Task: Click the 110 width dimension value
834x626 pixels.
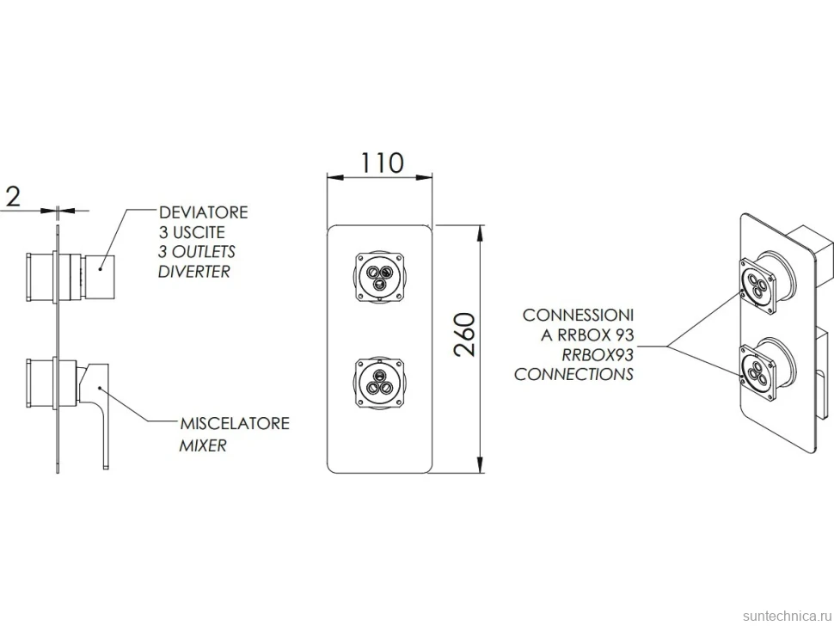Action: click(x=383, y=163)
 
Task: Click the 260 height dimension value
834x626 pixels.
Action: click(x=465, y=334)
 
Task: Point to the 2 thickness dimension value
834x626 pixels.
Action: click(x=12, y=196)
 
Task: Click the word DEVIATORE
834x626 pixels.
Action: click(x=204, y=212)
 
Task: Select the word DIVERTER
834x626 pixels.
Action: click(x=194, y=272)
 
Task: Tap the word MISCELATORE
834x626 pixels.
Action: click(x=235, y=423)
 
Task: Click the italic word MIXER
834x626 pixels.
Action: click(x=203, y=445)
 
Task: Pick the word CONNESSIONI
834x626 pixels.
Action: click(x=578, y=315)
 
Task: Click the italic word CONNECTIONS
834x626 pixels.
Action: click(x=573, y=374)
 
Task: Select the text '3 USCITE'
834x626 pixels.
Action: click(x=192, y=232)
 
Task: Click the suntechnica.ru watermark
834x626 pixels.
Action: click(x=788, y=616)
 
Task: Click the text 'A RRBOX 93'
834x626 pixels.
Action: click(x=587, y=335)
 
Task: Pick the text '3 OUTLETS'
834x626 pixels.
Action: click(x=196, y=252)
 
